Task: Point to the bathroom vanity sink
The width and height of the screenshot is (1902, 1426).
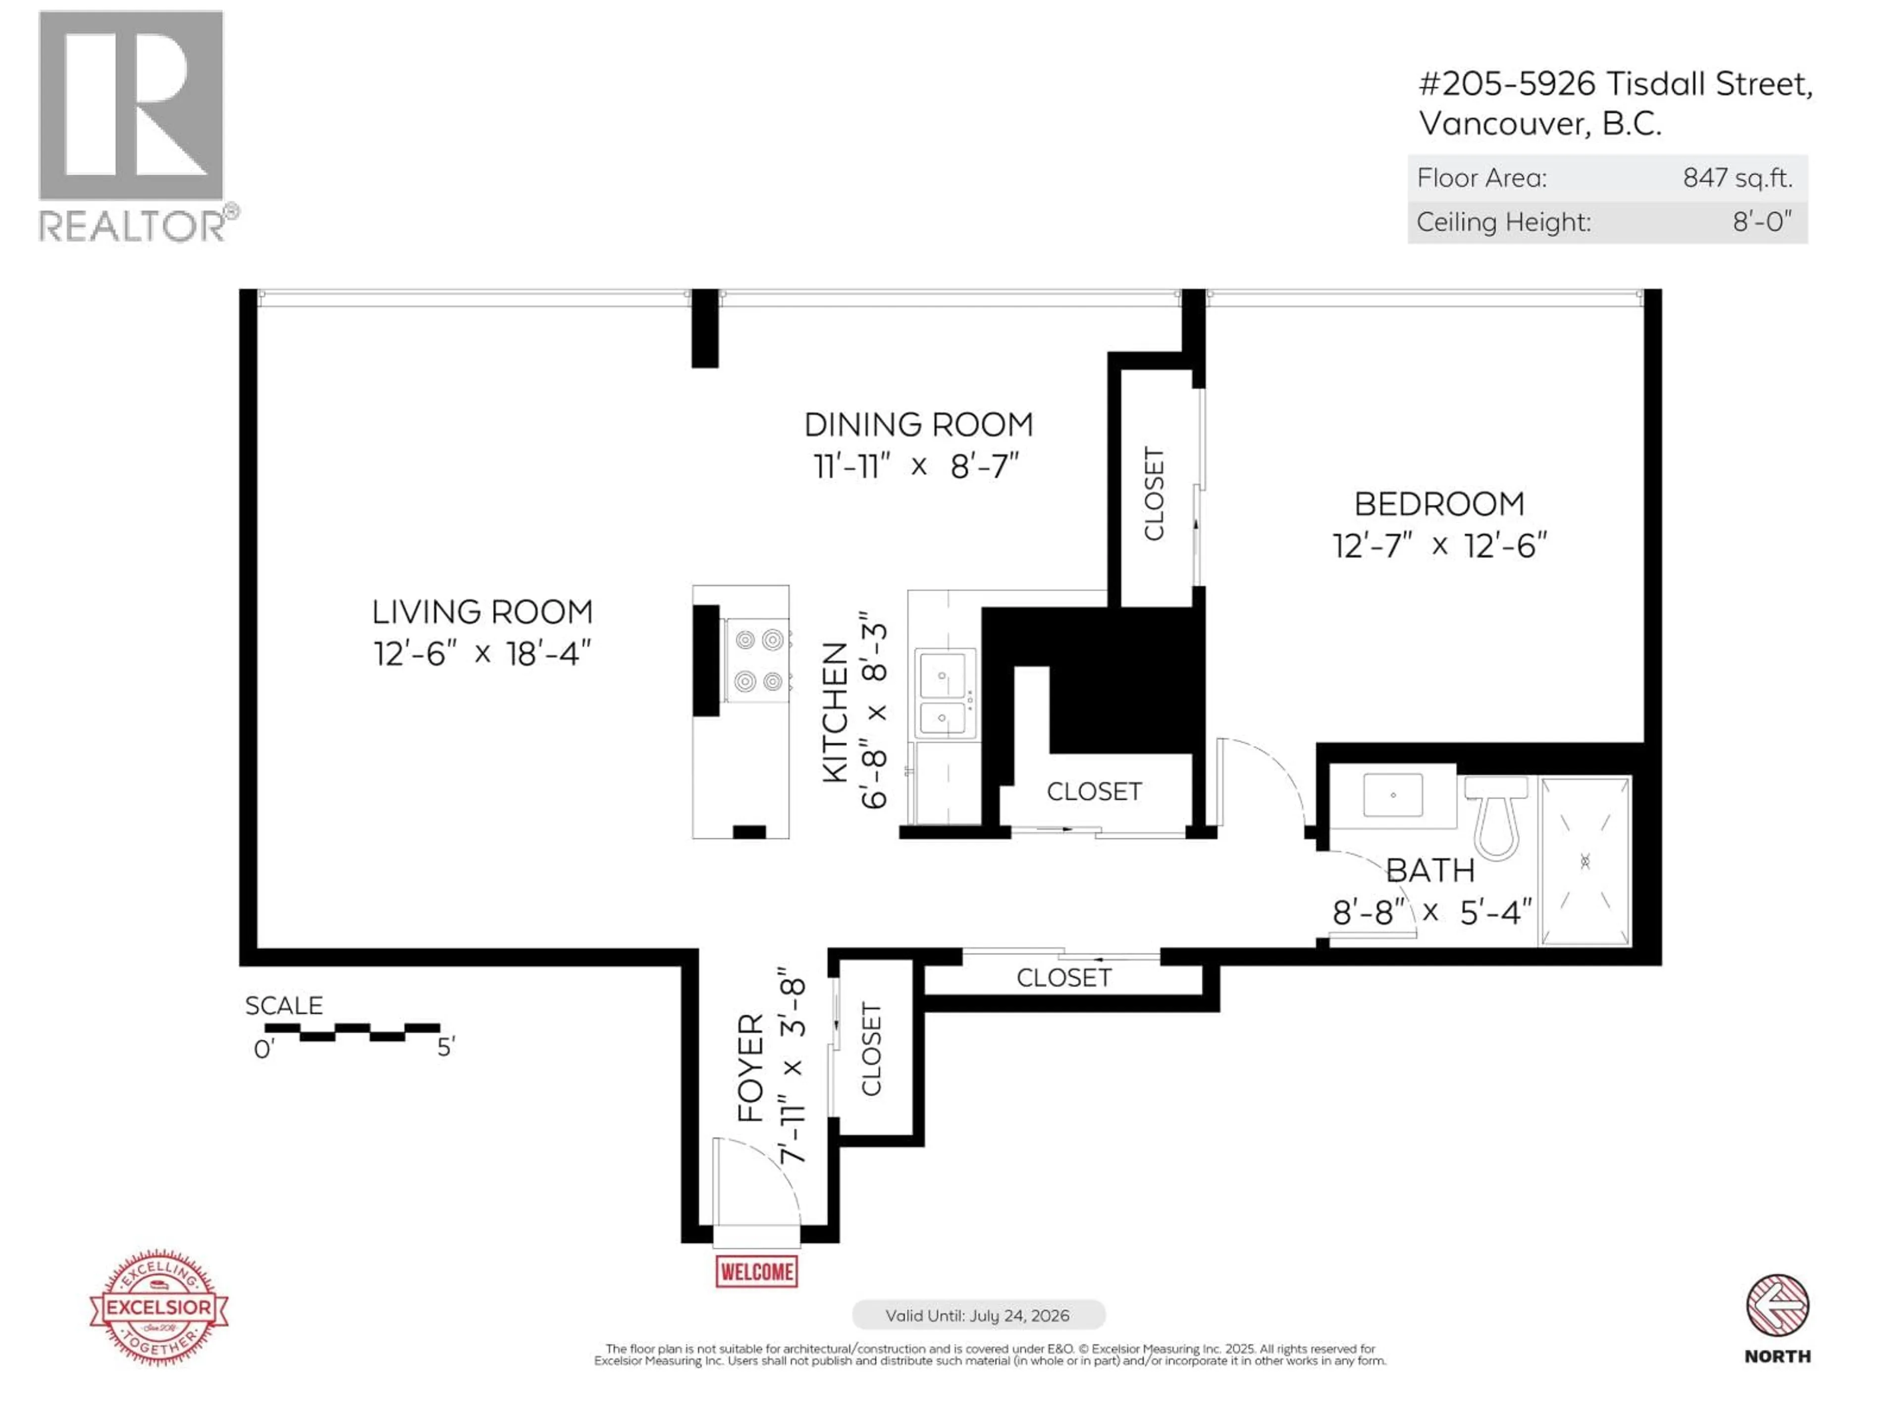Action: (x=1392, y=795)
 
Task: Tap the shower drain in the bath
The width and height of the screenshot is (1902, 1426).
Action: (x=1585, y=861)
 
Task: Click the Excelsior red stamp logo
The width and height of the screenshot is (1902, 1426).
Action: (x=159, y=1307)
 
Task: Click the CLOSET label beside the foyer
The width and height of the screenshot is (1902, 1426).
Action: (x=872, y=1049)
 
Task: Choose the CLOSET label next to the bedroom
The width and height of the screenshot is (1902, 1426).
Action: (x=1154, y=494)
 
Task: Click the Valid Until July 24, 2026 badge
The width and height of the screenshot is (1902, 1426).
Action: (x=978, y=1315)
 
